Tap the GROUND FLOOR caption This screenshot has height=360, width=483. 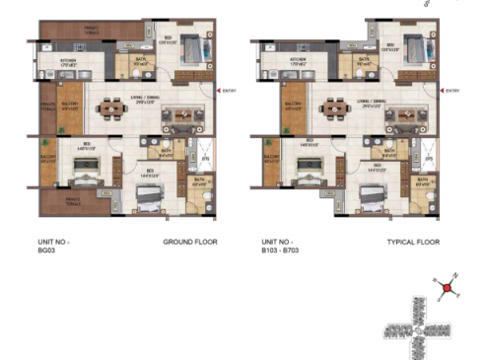[x=189, y=242]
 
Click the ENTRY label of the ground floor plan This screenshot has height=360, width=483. [x=230, y=91]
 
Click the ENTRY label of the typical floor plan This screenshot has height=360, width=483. [x=452, y=91]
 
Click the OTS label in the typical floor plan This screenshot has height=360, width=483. [x=429, y=159]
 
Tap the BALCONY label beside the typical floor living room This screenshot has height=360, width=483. [x=294, y=105]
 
